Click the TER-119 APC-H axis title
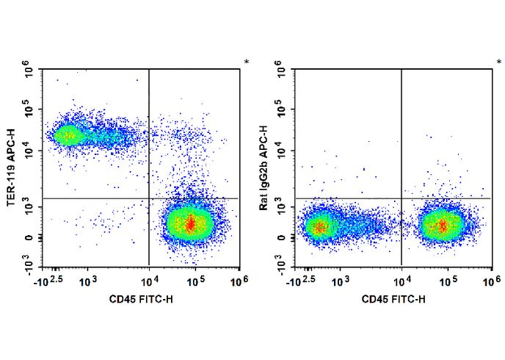12,168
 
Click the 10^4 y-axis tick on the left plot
29,151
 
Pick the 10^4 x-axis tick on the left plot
149,281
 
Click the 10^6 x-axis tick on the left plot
239,281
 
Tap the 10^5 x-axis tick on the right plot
447,281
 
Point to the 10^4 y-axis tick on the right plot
281,151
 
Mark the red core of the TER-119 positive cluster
67,135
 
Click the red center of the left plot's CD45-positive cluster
191,223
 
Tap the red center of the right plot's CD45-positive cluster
443,225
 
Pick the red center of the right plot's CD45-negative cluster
318,227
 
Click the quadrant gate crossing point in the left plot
149,198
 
